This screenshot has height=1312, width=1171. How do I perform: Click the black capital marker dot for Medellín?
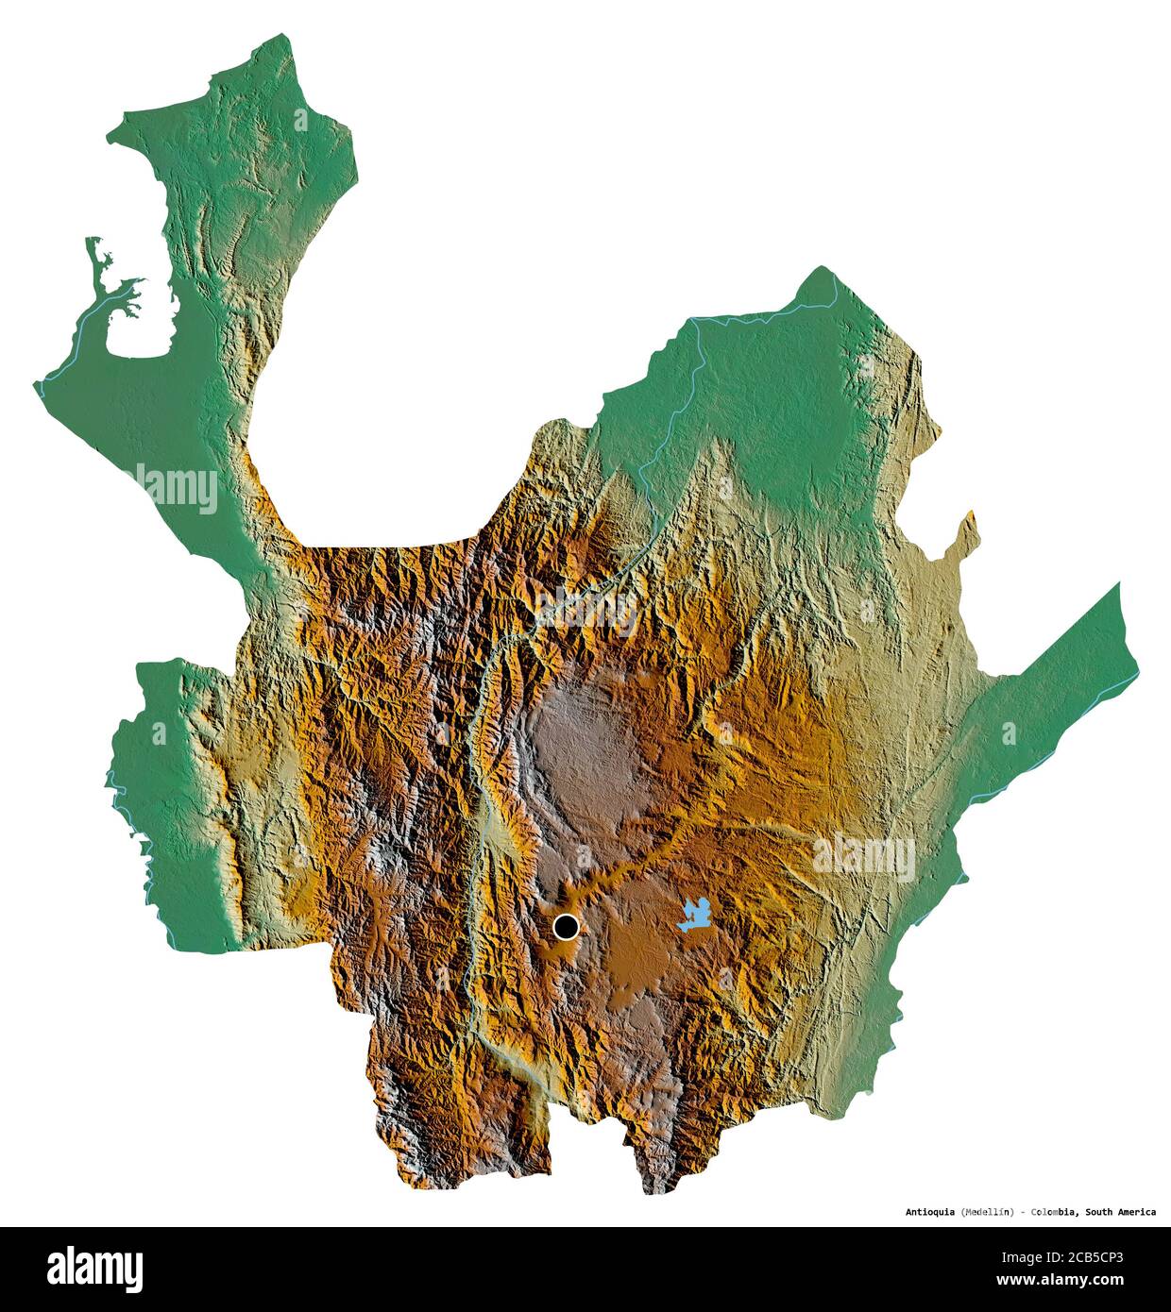(566, 928)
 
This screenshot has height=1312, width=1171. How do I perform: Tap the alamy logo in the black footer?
(94, 1270)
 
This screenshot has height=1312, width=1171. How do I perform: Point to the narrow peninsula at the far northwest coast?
(94, 260)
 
